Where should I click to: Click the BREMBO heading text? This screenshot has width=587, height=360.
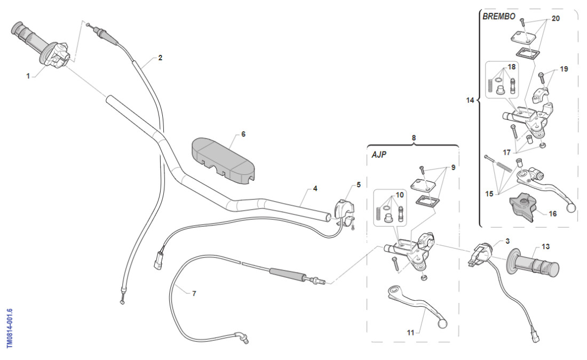pos(499,17)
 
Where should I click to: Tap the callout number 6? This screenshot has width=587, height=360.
pos(243,134)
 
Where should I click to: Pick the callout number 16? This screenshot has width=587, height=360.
pos(552,213)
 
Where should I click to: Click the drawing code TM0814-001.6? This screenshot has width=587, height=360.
pos(10,328)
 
